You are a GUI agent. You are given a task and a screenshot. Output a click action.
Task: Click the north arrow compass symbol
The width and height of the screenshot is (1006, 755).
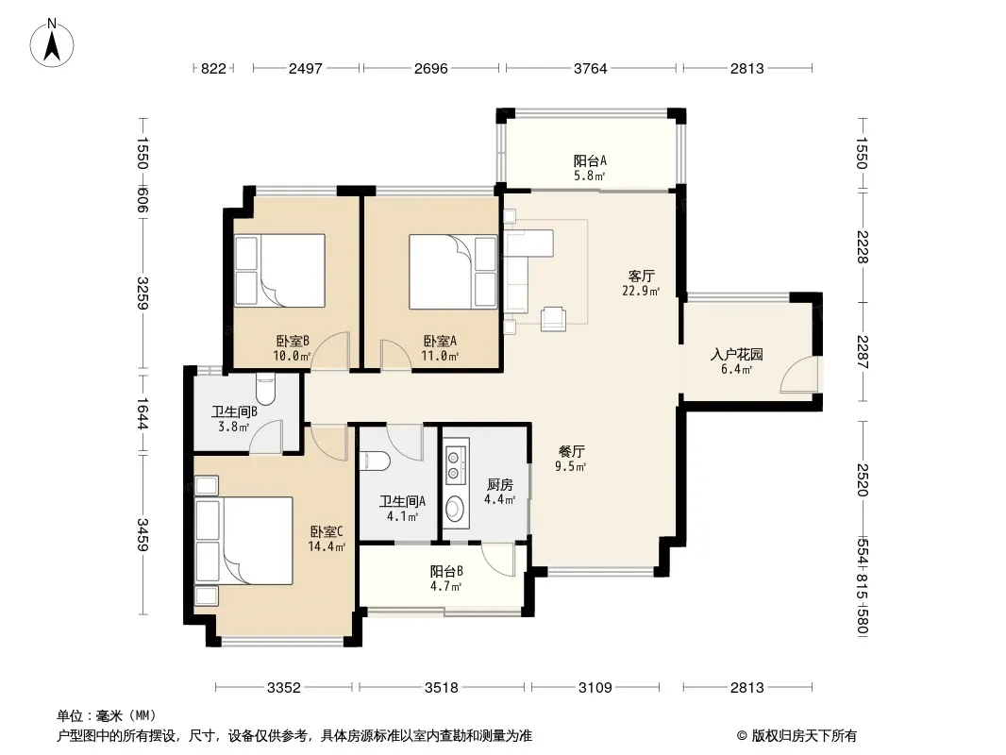click(52, 43)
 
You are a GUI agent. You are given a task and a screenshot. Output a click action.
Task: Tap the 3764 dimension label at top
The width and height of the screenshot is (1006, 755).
click(590, 68)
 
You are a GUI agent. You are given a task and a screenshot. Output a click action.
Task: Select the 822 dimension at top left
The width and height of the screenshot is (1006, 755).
click(213, 68)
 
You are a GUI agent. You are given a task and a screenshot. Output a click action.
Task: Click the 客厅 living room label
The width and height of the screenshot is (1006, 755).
click(641, 276)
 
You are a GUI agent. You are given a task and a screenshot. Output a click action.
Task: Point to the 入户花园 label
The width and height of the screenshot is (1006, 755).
click(736, 354)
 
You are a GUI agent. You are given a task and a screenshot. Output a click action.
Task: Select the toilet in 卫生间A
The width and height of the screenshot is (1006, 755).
click(376, 460)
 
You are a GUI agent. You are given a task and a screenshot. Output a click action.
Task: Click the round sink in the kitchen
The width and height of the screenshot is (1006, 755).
click(456, 510)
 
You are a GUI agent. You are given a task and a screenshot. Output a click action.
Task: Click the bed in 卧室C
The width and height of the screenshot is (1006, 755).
click(243, 540)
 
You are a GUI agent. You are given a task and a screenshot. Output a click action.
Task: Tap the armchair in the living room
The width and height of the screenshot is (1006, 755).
click(553, 318)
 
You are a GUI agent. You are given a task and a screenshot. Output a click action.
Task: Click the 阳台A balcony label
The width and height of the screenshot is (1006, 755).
click(590, 160)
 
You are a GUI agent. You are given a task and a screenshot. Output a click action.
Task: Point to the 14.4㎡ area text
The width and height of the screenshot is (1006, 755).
click(327, 546)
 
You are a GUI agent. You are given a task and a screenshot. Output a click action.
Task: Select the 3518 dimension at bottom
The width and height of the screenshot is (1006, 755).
click(442, 688)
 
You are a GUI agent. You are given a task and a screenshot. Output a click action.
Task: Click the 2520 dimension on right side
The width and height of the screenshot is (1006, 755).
click(863, 479)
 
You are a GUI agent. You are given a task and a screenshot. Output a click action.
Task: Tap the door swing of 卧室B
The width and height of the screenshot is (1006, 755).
click(330, 351)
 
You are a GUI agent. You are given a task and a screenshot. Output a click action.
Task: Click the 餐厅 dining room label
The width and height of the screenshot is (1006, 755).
click(570, 451)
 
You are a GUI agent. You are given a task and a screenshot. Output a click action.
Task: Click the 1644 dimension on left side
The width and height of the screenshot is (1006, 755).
click(142, 413)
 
